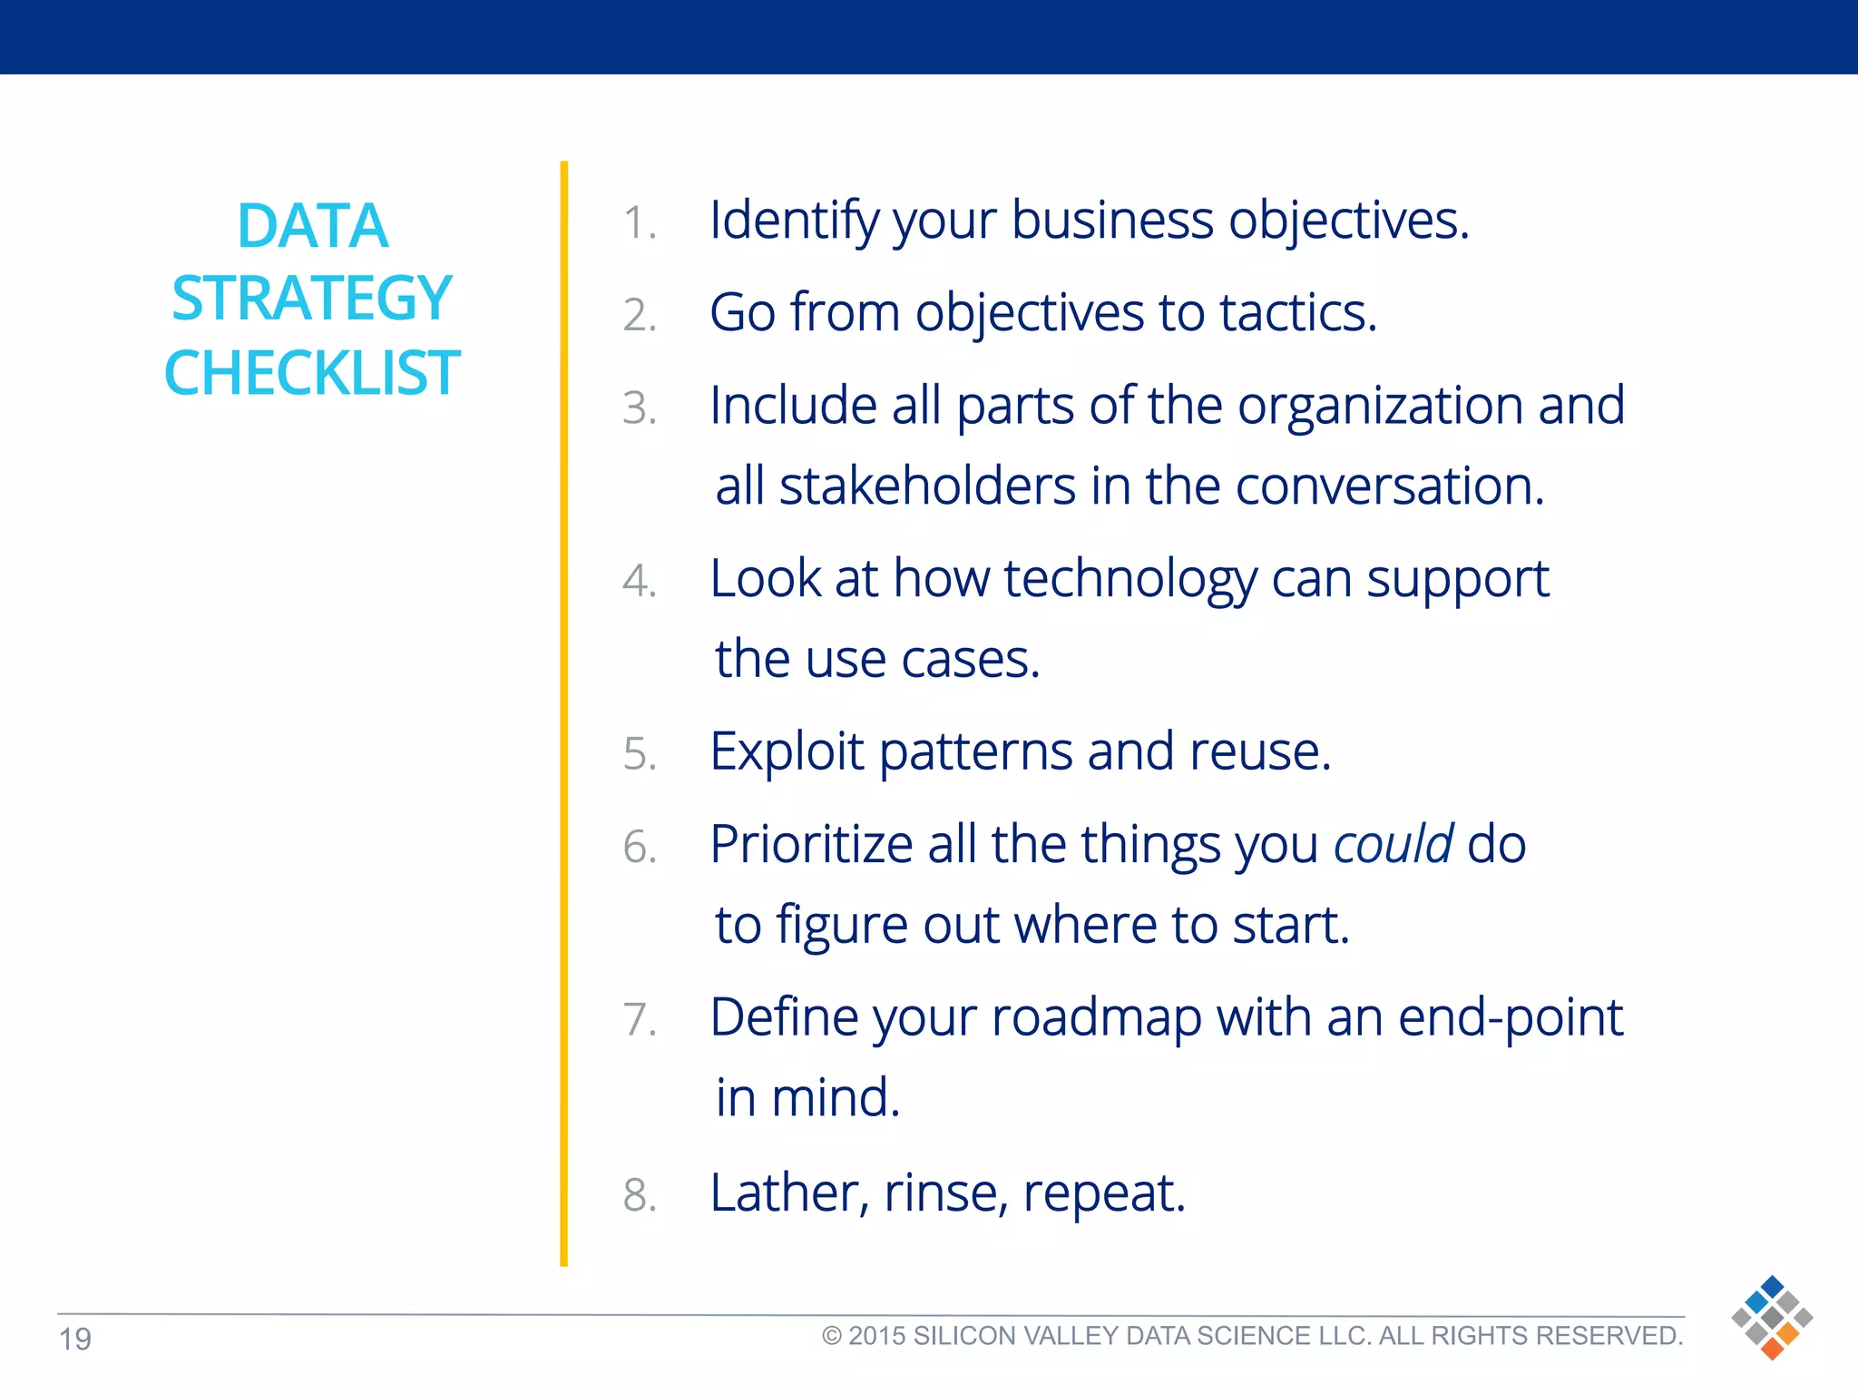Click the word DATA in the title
312,226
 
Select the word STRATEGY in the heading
312,299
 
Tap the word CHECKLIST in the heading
312,373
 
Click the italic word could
1393,844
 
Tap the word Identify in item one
793,221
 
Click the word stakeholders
927,486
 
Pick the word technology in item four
1130,579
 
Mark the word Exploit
786,752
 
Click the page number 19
75,1340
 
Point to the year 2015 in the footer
877,1336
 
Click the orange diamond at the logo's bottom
1772,1349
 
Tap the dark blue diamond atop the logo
1772,1286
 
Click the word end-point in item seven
1510,1018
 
